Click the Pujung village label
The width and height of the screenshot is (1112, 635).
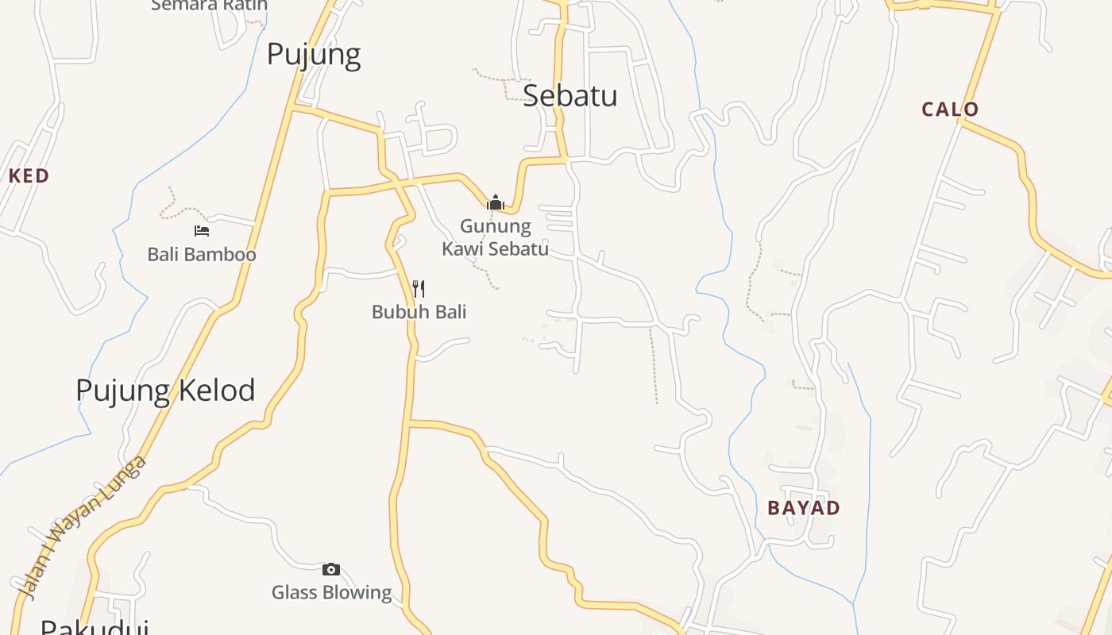[314, 55]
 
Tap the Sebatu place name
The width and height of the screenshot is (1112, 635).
[570, 95]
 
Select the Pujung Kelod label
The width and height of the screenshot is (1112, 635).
[165, 391]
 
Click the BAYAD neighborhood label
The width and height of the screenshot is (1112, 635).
[804, 508]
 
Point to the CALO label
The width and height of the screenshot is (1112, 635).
[950, 110]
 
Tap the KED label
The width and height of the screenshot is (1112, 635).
[29, 176]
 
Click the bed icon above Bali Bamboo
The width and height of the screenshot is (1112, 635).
[202, 231]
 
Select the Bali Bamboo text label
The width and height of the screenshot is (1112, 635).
[202, 255]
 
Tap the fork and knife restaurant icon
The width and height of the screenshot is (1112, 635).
[419, 288]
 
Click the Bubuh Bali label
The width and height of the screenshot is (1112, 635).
[419, 312]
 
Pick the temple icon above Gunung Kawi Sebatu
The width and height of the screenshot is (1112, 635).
[496, 203]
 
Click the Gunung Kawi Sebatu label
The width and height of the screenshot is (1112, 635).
[496, 237]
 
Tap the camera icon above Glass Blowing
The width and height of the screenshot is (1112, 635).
[331, 569]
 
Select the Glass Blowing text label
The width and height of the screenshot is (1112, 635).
[331, 592]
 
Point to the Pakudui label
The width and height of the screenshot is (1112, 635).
[94, 627]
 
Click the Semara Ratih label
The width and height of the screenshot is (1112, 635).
[210, 6]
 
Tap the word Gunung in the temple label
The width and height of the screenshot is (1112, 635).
[496, 227]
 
